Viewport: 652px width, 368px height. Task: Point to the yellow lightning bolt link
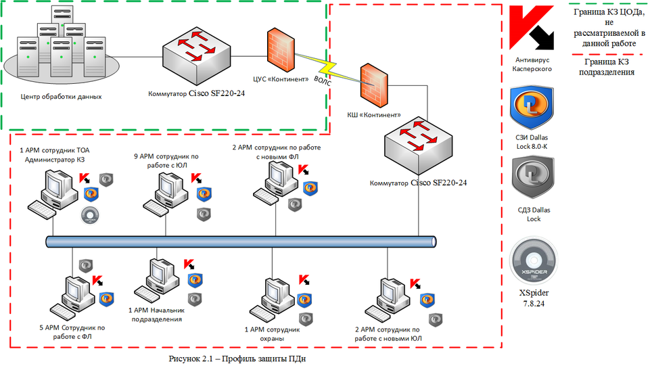click(x=329, y=68)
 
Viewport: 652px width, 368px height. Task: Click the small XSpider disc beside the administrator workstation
click(x=89, y=216)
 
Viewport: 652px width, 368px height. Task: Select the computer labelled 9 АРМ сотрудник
click(x=166, y=193)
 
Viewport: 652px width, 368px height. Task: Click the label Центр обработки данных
click(x=61, y=97)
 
